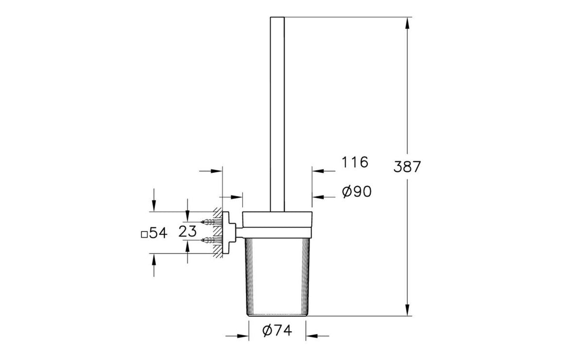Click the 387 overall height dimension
point(407,167)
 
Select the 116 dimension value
point(355,163)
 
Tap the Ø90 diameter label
point(356,192)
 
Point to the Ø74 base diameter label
point(277,331)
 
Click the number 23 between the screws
point(188,231)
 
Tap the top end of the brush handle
point(277,19)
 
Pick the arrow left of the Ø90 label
point(319,196)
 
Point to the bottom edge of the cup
point(277,315)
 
